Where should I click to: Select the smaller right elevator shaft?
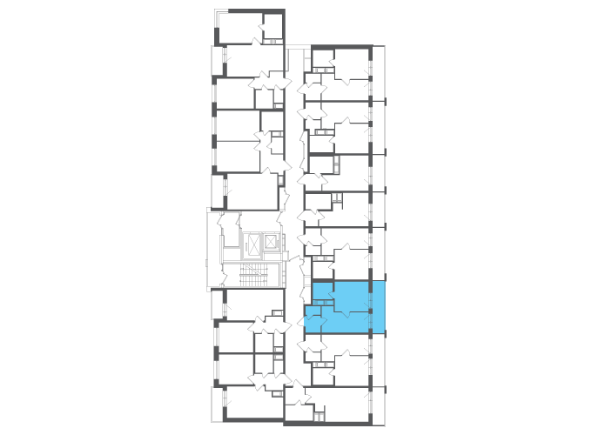point(272,242)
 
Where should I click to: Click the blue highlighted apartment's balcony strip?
point(379,307)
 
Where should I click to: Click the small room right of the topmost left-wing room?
point(273,33)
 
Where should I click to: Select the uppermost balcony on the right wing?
point(379,73)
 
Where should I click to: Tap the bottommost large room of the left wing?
point(252,405)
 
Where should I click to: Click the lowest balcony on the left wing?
point(216,405)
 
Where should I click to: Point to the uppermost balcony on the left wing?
point(217,61)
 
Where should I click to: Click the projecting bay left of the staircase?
point(213,248)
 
